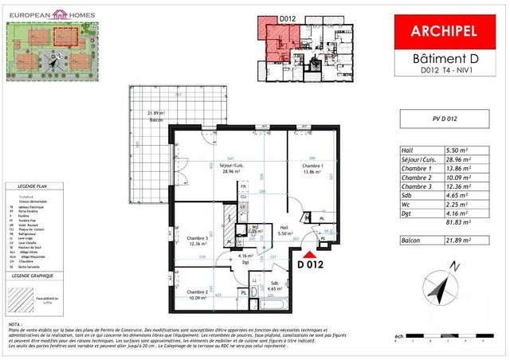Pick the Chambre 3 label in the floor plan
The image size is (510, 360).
pos(198,240)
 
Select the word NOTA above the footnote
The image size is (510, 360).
pos(14,326)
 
